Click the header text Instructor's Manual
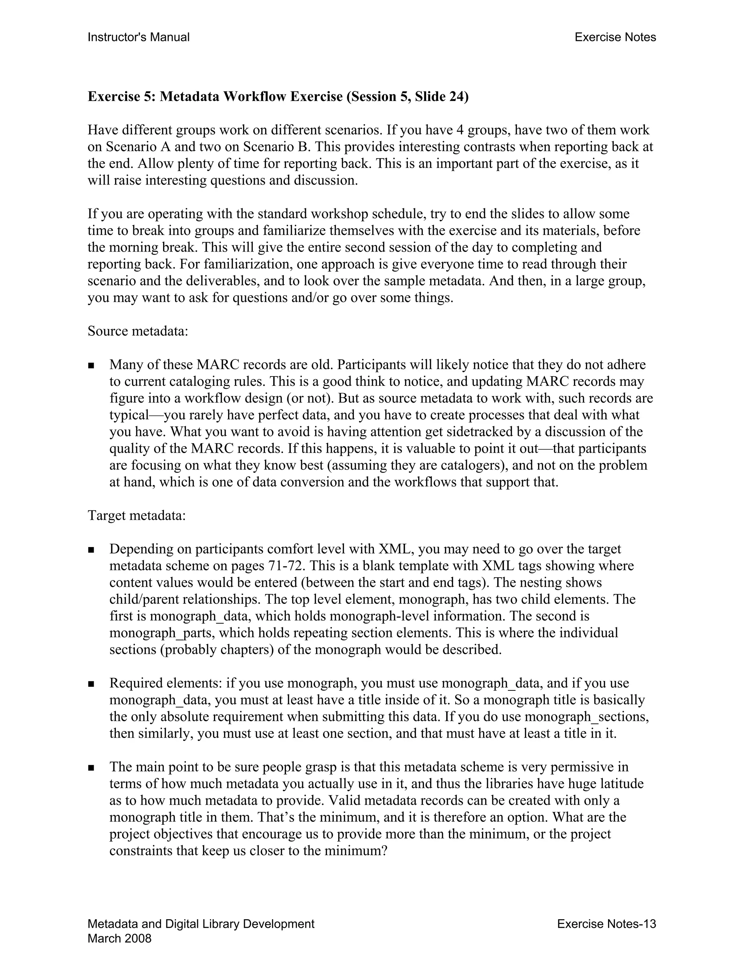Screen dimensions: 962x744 tap(138, 37)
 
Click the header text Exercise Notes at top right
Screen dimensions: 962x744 tap(615, 37)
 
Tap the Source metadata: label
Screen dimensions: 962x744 tap(138, 331)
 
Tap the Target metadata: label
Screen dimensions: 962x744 tap(137, 515)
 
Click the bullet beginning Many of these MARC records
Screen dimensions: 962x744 tap(91, 366)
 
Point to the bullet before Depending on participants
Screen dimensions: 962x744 tap(91, 550)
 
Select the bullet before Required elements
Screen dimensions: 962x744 tap(91, 684)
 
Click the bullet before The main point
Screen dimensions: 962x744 tap(91, 768)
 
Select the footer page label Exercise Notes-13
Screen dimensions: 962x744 tap(606, 924)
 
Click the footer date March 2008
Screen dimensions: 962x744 tap(120, 939)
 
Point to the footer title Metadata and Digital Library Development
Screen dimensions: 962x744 tap(201, 924)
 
